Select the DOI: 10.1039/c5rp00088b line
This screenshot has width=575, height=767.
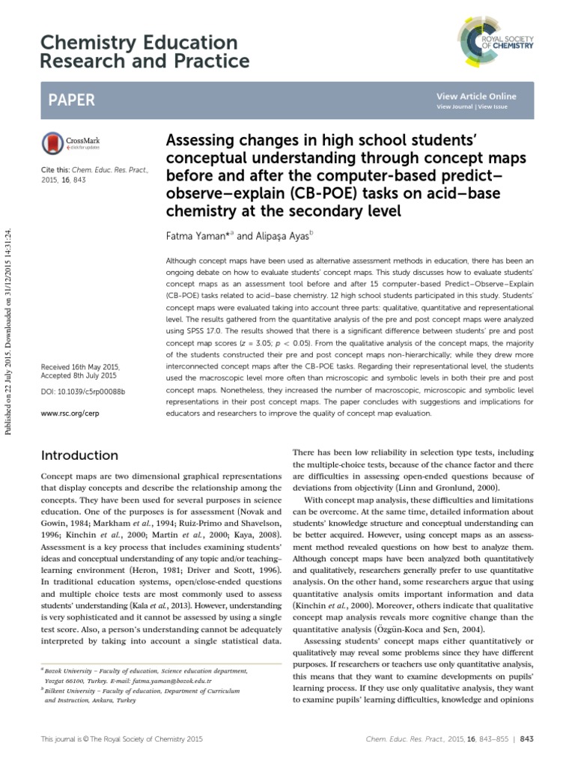coord(82,392)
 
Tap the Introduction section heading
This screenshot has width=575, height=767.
coord(79,455)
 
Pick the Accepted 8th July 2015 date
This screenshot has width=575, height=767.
coord(79,377)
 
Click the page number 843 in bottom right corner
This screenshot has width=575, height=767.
coord(526,739)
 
